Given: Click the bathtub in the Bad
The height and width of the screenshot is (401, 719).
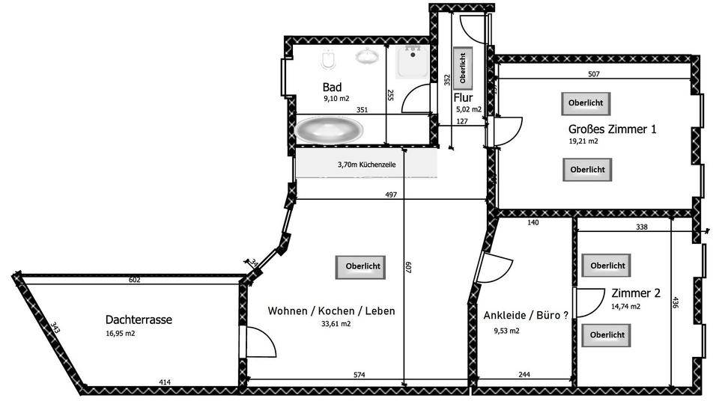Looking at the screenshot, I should [329, 129].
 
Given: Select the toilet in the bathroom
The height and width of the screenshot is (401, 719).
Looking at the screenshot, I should [327, 59].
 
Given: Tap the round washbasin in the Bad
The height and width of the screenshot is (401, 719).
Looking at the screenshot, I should [367, 57].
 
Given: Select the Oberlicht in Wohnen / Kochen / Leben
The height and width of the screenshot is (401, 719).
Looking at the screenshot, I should [362, 266].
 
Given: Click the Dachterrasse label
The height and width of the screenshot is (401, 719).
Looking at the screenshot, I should [139, 319].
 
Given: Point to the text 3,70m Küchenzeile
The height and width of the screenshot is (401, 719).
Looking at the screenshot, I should [367, 165].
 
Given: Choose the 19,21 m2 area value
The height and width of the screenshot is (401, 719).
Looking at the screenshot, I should [583, 141].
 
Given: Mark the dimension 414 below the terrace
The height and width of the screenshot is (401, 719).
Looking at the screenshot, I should [164, 382].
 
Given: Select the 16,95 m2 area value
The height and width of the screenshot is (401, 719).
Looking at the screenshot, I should [121, 334].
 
